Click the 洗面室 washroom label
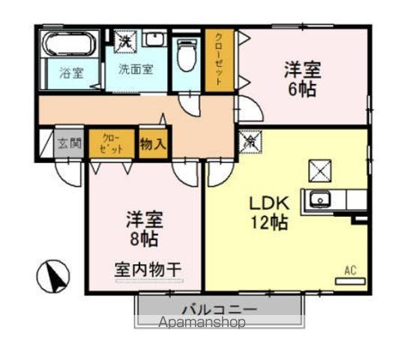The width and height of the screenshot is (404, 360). point(136,69)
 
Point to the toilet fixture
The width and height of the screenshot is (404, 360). point(187,56)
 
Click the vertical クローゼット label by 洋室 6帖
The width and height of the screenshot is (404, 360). point(219,59)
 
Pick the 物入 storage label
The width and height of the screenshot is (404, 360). point(152,144)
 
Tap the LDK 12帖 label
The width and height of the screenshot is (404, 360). point(268,212)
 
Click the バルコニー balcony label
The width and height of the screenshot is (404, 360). point(219,309)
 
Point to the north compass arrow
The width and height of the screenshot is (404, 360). point(53,275)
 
